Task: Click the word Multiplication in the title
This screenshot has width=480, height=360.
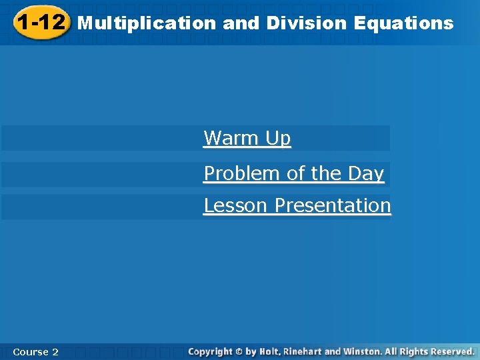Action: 147,23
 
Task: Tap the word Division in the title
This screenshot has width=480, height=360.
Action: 307,23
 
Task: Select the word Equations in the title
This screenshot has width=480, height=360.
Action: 404,23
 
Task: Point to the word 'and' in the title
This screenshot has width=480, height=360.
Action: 241,23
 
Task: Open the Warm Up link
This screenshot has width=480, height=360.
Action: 247,138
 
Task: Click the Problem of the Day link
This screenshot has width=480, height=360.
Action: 294,173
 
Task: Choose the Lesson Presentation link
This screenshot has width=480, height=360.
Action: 297,205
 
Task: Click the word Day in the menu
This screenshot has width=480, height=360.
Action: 365,173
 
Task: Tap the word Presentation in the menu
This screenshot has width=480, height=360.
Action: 333,205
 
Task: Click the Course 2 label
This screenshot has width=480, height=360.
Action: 35,351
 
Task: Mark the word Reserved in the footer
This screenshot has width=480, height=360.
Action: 453,351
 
